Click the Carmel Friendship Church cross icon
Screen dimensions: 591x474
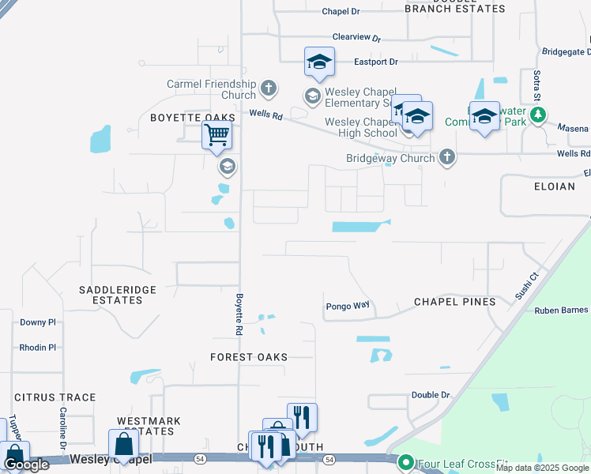[269, 88]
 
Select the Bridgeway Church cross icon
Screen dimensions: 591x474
[447, 157]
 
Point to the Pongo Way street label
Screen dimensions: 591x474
[348, 306]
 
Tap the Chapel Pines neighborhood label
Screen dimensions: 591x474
[455, 302]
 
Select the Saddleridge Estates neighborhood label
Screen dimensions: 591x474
[118, 295]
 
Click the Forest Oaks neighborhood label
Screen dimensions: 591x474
[249, 357]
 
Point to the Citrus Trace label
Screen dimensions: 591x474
[55, 397]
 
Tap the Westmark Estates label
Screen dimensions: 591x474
[149, 426]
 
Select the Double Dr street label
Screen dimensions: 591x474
[430, 394]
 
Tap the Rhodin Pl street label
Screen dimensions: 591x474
[38, 347]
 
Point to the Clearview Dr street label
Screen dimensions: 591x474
[356, 37]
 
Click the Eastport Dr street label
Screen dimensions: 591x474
[375, 61]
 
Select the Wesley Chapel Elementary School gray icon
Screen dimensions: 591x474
[312, 96]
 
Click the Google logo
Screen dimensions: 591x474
[26, 465]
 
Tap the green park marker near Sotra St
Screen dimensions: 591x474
[538, 116]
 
